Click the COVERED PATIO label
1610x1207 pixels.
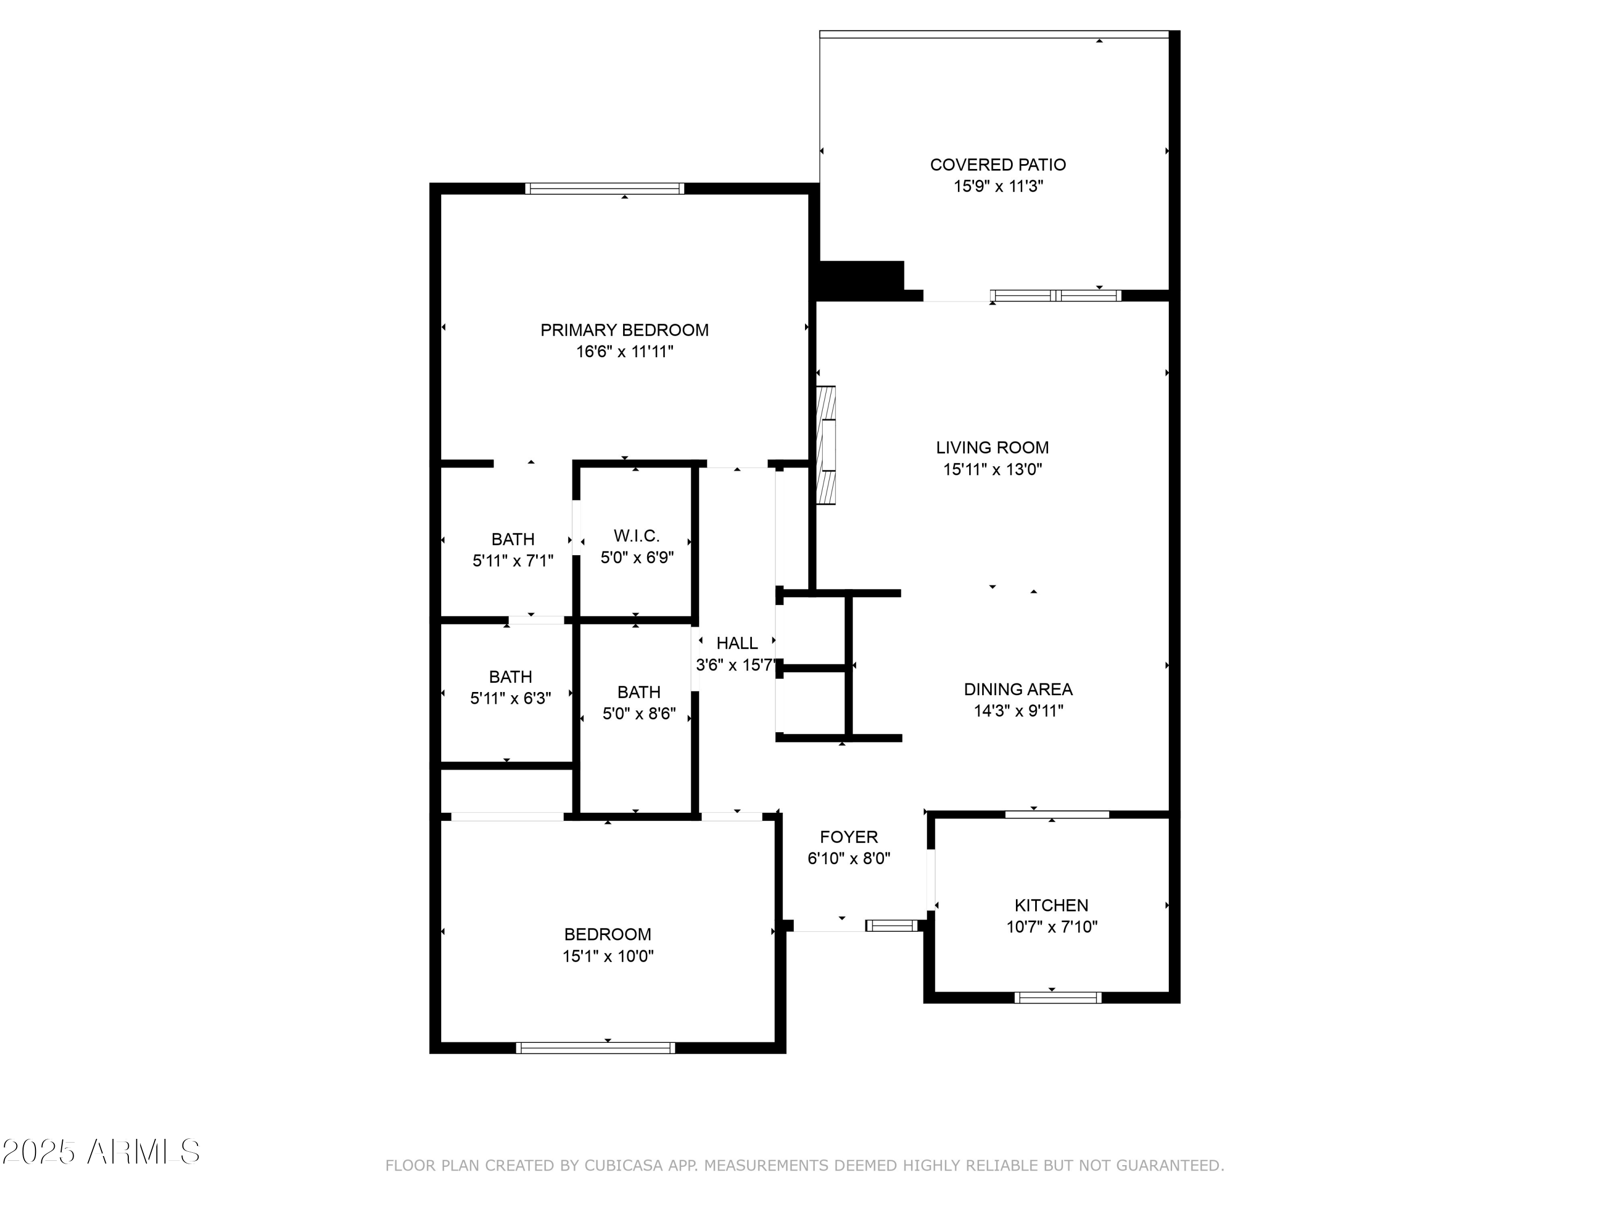998,165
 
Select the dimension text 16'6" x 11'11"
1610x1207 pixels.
625,352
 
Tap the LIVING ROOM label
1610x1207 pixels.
992,447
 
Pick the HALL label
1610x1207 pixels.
737,643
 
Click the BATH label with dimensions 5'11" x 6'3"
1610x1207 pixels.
510,676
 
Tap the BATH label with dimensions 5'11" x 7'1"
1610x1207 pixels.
513,539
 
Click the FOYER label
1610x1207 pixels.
848,837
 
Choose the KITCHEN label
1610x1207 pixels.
1051,905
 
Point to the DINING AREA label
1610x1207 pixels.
1018,689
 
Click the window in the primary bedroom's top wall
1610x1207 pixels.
605,188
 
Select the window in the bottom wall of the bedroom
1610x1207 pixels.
595,1048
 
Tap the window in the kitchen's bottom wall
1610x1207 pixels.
1058,997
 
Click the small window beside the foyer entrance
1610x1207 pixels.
891,925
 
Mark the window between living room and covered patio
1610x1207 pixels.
1056,296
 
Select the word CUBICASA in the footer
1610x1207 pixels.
623,1166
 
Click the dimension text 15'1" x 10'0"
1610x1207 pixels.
608,956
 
